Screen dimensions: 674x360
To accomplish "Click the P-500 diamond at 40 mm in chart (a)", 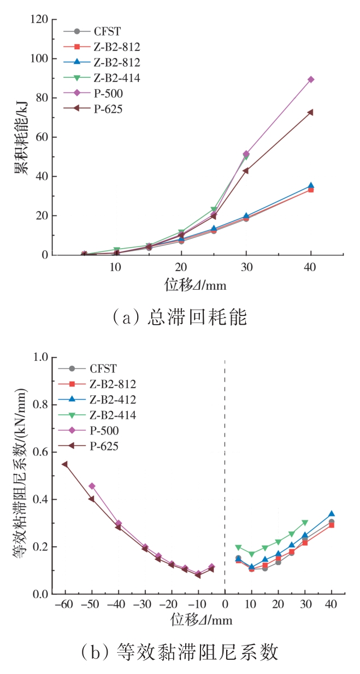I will pyautogui.click(x=311, y=79).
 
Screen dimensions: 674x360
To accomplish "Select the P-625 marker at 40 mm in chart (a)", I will pyautogui.click(x=310, y=112).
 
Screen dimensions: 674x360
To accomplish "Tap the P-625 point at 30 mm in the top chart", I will pyautogui.click(x=246, y=171).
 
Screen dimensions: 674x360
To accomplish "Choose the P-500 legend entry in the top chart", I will pyautogui.click(x=101, y=93).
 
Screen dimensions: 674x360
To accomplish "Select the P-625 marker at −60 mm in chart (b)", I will pyautogui.click(x=64, y=464).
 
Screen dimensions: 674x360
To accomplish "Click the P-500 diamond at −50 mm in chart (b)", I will pyautogui.click(x=92, y=486).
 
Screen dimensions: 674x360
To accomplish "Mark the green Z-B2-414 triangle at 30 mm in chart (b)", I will pyautogui.click(x=305, y=523).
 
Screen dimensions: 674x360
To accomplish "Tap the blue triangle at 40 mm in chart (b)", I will pyautogui.click(x=332, y=514).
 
